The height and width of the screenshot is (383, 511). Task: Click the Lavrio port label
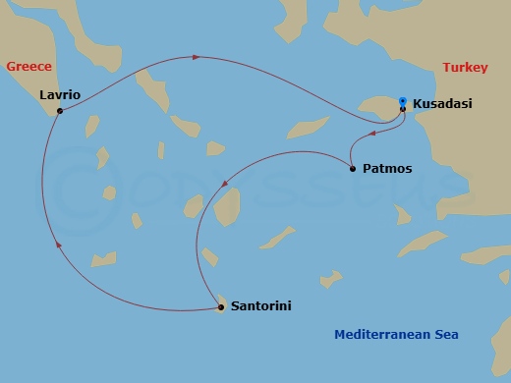click(x=60, y=95)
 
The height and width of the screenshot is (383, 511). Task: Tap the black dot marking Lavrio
click(x=60, y=111)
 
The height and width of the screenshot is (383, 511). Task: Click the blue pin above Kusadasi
click(x=402, y=100)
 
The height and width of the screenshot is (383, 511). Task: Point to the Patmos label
click(x=387, y=169)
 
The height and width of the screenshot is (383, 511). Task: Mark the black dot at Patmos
click(x=353, y=169)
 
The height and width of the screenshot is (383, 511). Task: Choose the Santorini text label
click(x=260, y=307)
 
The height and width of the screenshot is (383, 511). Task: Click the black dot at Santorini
click(x=219, y=308)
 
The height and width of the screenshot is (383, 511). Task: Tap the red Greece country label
click(x=28, y=67)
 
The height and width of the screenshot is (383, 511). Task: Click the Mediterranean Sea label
click(x=396, y=335)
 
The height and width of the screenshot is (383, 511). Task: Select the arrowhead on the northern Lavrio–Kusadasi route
click(x=196, y=57)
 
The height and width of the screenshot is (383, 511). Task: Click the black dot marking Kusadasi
click(x=402, y=109)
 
